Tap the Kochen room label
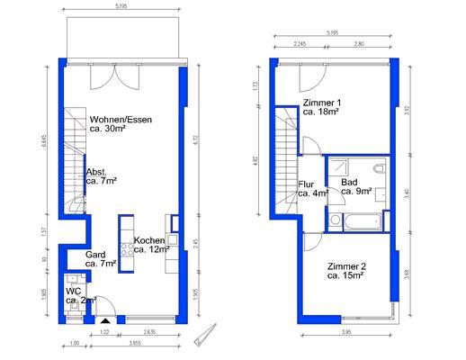148,245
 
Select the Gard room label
96,260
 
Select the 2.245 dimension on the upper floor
300,43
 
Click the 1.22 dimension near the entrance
104,332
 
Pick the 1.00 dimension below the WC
74,343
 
